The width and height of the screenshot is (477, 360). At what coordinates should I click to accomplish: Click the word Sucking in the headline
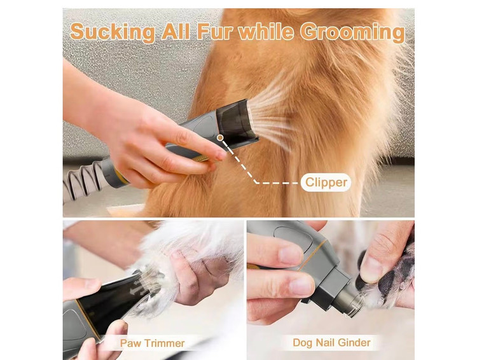113,32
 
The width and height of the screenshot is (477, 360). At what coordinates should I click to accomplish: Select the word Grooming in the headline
353,32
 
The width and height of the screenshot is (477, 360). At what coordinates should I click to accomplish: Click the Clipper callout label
326,183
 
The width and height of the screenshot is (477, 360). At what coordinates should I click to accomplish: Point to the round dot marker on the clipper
220,137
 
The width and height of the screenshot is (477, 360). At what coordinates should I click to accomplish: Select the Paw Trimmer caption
152,343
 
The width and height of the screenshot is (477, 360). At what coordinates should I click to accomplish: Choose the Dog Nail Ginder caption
331,342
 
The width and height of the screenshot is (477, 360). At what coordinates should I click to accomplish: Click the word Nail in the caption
325,342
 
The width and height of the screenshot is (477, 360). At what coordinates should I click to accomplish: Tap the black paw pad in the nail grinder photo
392,279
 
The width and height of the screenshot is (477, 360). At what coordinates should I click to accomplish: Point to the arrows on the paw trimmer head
139,288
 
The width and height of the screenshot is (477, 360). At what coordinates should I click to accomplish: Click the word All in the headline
176,31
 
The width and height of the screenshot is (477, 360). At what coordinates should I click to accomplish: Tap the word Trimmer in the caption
165,343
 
